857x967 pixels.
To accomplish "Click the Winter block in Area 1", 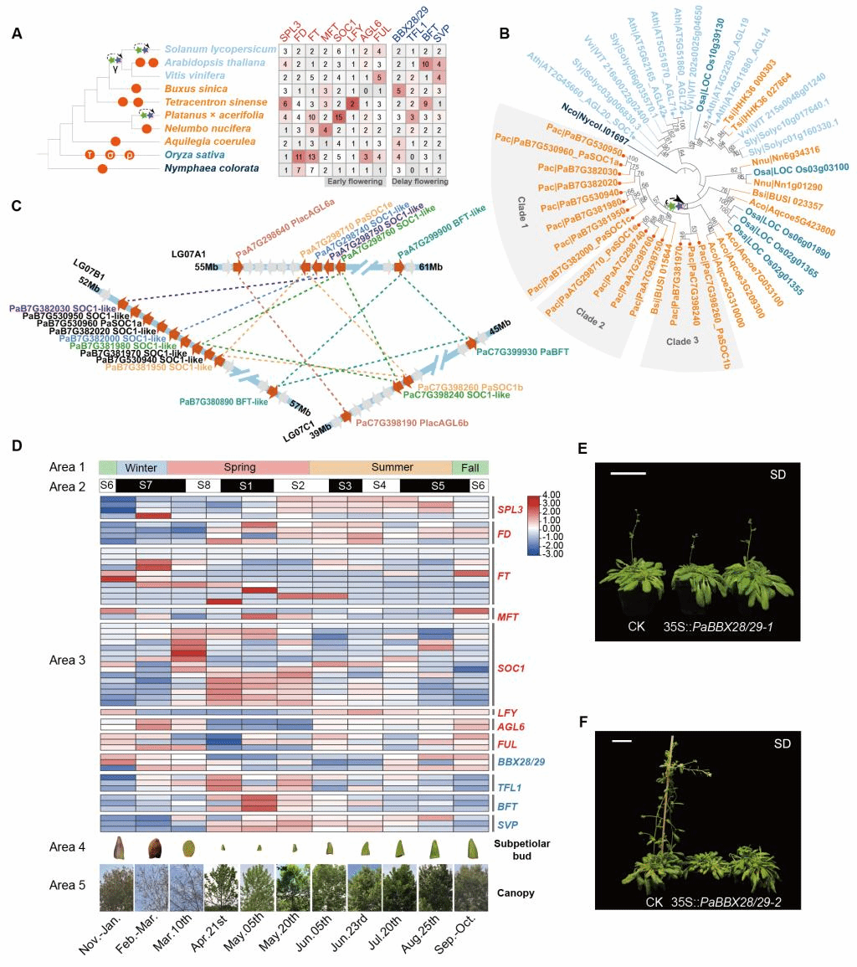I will [141, 467].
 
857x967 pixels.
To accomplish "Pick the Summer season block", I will [381, 467].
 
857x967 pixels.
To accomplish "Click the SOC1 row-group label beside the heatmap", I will [509, 668].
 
